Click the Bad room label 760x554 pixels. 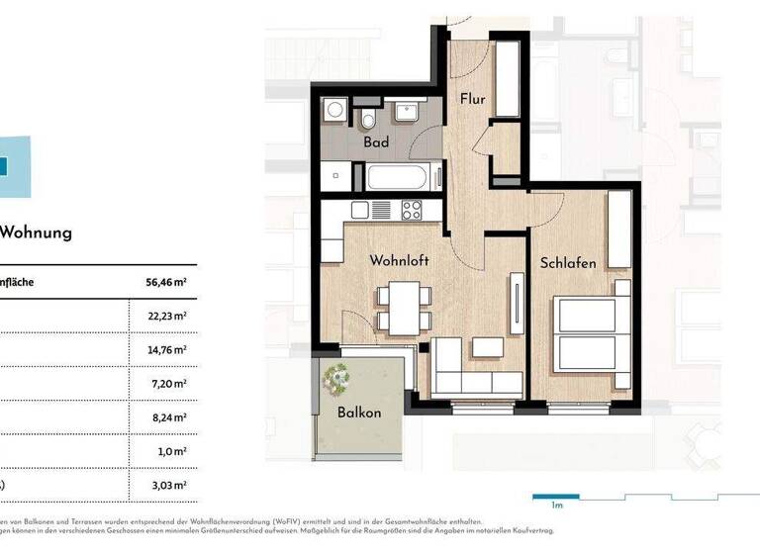[375, 142]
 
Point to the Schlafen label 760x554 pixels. [567, 263]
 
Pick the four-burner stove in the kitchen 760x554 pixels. [411, 210]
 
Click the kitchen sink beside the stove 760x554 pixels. [381, 210]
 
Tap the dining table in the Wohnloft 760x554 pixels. [404, 308]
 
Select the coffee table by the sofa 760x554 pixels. [487, 348]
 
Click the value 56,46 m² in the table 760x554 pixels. [166, 282]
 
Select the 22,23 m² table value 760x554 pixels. [166, 316]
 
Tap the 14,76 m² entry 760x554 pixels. [166, 349]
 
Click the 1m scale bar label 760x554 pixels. [557, 506]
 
